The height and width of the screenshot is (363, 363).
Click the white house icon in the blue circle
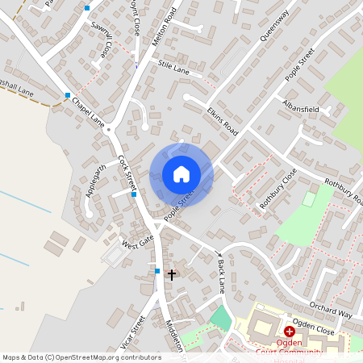coord(181,174)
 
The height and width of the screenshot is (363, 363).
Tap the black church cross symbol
coord(171,275)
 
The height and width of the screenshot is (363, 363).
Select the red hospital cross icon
coord(290,332)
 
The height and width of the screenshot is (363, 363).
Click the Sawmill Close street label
coord(102,42)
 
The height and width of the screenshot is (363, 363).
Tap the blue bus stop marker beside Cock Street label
coord(134,194)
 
